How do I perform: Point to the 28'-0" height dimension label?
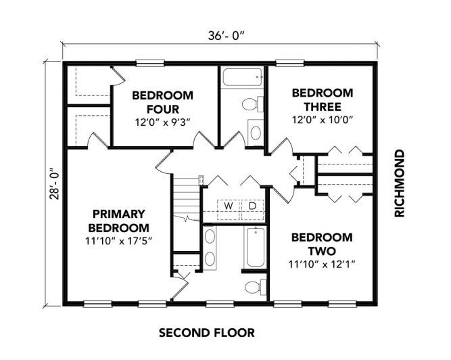[x=54, y=184]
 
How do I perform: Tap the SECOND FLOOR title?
[x=206, y=333]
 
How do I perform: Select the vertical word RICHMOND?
[x=400, y=183]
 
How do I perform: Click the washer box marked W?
[x=229, y=210]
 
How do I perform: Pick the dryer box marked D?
[x=252, y=210]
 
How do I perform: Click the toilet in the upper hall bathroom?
[x=252, y=104]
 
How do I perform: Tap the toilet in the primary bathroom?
[x=256, y=287]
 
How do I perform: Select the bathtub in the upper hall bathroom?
[x=242, y=77]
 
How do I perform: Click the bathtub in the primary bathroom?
[x=256, y=247]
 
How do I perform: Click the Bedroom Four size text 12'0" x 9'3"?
[x=163, y=122]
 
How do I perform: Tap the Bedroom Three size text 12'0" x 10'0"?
[x=323, y=119]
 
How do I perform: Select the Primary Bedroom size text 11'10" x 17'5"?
[x=118, y=241]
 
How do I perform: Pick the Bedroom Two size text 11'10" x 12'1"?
[x=322, y=264]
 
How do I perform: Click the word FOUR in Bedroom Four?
[x=163, y=110]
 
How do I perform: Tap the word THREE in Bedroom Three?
[x=323, y=107]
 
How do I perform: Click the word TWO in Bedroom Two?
[x=322, y=251]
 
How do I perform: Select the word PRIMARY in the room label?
[x=119, y=214]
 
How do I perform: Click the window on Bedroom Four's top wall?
[x=150, y=63]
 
